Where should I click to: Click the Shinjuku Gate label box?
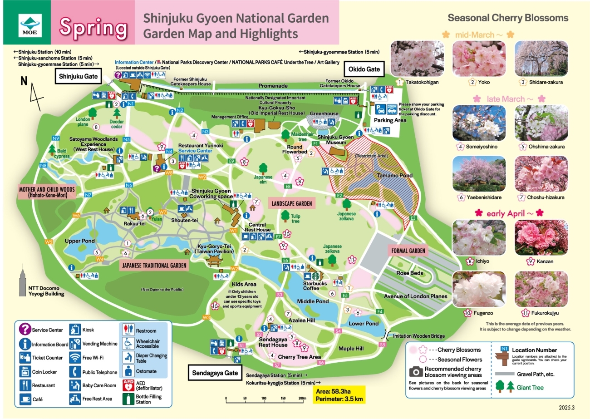[78, 76]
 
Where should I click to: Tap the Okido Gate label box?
[364, 69]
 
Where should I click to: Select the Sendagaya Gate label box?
[214, 373]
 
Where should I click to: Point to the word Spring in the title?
[93, 28]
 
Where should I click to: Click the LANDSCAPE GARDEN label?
[291, 204]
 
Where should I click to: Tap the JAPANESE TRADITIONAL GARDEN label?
[154, 266]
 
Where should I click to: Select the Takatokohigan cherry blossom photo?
[416, 58]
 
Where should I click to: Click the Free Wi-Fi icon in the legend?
[75, 358]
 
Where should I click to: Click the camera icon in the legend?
[416, 372]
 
